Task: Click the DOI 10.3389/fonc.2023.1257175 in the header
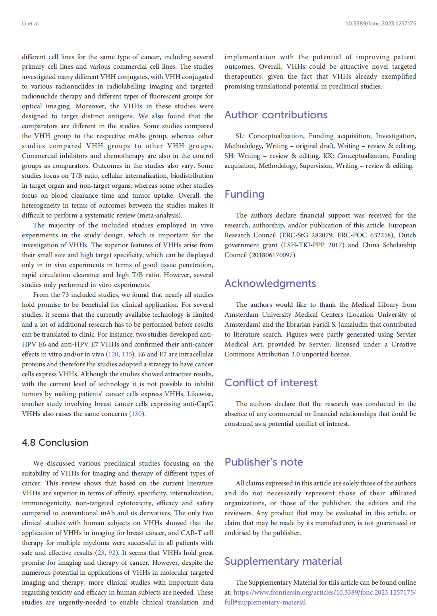click(381, 23)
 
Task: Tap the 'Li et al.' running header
click(31, 23)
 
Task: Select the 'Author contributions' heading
click(276, 115)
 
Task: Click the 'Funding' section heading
click(244, 194)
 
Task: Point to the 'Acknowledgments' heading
click(270, 283)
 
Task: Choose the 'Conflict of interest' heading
click(271, 383)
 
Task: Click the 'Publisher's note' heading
click(263, 462)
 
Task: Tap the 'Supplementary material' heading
click(283, 561)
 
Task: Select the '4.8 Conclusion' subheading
click(55, 443)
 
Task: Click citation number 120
click(113, 354)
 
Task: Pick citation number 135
click(127, 354)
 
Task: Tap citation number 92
click(112, 552)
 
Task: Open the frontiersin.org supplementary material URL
click(324, 592)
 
